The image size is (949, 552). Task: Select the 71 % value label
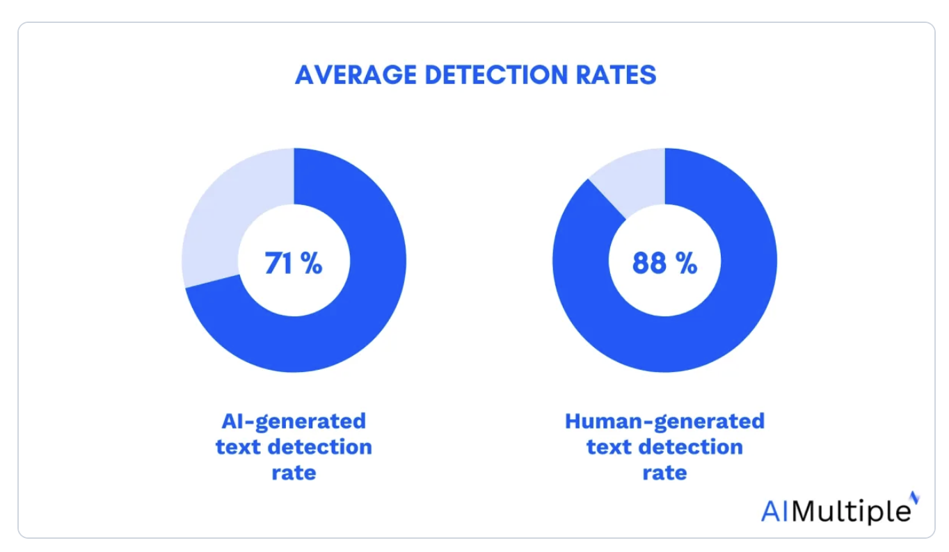tap(294, 263)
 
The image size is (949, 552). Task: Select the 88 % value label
tap(664, 263)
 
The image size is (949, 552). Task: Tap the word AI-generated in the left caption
tap(294, 421)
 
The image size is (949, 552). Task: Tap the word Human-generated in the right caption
tap(664, 421)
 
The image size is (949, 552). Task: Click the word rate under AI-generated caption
tap(294, 473)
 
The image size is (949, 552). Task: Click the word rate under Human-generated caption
tap(664, 473)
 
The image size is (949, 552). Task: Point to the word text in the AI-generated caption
tap(240, 447)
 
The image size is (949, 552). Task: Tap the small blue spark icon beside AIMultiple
tap(915, 497)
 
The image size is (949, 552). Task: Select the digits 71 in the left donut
tap(279, 263)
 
